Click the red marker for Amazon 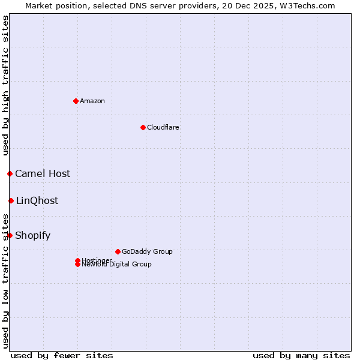pyautogui.click(x=76, y=101)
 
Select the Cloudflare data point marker pyautogui.click(x=143, y=127)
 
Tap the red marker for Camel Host pyautogui.click(x=10, y=174)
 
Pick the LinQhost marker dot pyautogui.click(x=11, y=200)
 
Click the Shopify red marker pyautogui.click(x=10, y=235)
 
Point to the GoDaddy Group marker pyautogui.click(x=118, y=251)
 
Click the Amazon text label pyautogui.click(x=92, y=101)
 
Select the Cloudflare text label pyautogui.click(x=163, y=127)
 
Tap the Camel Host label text pyautogui.click(x=43, y=174)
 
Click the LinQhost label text pyautogui.click(x=37, y=201)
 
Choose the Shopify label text pyautogui.click(x=33, y=236)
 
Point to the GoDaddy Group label pyautogui.click(x=147, y=251)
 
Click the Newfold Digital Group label pyautogui.click(x=116, y=265)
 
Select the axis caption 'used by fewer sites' pyautogui.click(x=62, y=355)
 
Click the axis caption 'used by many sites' pyautogui.click(x=301, y=355)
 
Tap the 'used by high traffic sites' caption pyautogui.click(x=5, y=86)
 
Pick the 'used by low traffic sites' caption pyautogui.click(x=5, y=281)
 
